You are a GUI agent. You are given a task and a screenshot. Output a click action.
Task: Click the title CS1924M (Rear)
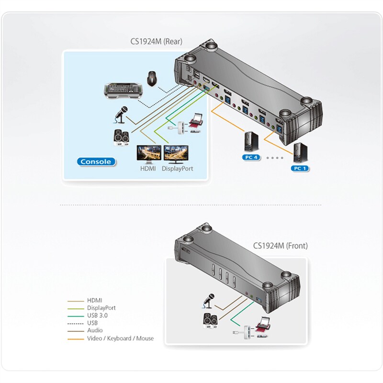156,42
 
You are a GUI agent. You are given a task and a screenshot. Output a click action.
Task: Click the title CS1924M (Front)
280,246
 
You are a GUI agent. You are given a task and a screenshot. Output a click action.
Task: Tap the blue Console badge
96,161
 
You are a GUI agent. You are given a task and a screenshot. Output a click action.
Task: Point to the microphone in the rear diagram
121,114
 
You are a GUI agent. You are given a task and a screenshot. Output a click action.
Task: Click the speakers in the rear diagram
121,137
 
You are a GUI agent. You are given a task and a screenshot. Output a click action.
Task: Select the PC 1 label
300,168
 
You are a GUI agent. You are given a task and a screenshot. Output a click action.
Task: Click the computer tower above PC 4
251,142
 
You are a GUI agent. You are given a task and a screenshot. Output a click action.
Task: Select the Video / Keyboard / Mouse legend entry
120,338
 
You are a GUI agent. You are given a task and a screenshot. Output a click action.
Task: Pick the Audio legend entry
95,331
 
